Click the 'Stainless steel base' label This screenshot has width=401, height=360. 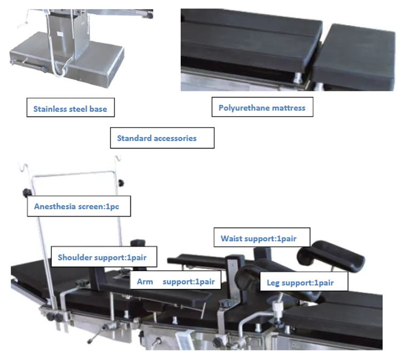70,109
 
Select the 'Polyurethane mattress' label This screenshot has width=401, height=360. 262,108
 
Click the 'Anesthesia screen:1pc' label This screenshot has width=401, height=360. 78,206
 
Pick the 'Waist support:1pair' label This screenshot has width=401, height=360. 258,238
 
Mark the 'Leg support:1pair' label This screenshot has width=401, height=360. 303,281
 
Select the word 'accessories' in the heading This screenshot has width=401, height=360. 175,138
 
